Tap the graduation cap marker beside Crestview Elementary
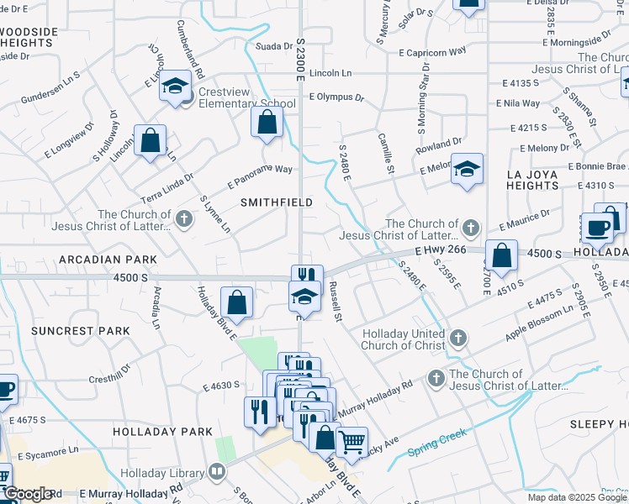(176, 87)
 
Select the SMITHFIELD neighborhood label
(277, 202)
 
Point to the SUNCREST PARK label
(80, 331)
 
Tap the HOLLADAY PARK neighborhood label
(162, 431)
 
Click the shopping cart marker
(351, 440)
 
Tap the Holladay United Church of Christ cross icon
(457, 339)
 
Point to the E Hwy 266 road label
(439, 250)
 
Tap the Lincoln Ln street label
(330, 74)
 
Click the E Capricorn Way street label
(432, 52)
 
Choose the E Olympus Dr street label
(336, 97)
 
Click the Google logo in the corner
(28, 494)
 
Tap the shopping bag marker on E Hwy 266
(501, 256)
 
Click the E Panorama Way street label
(260, 178)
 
